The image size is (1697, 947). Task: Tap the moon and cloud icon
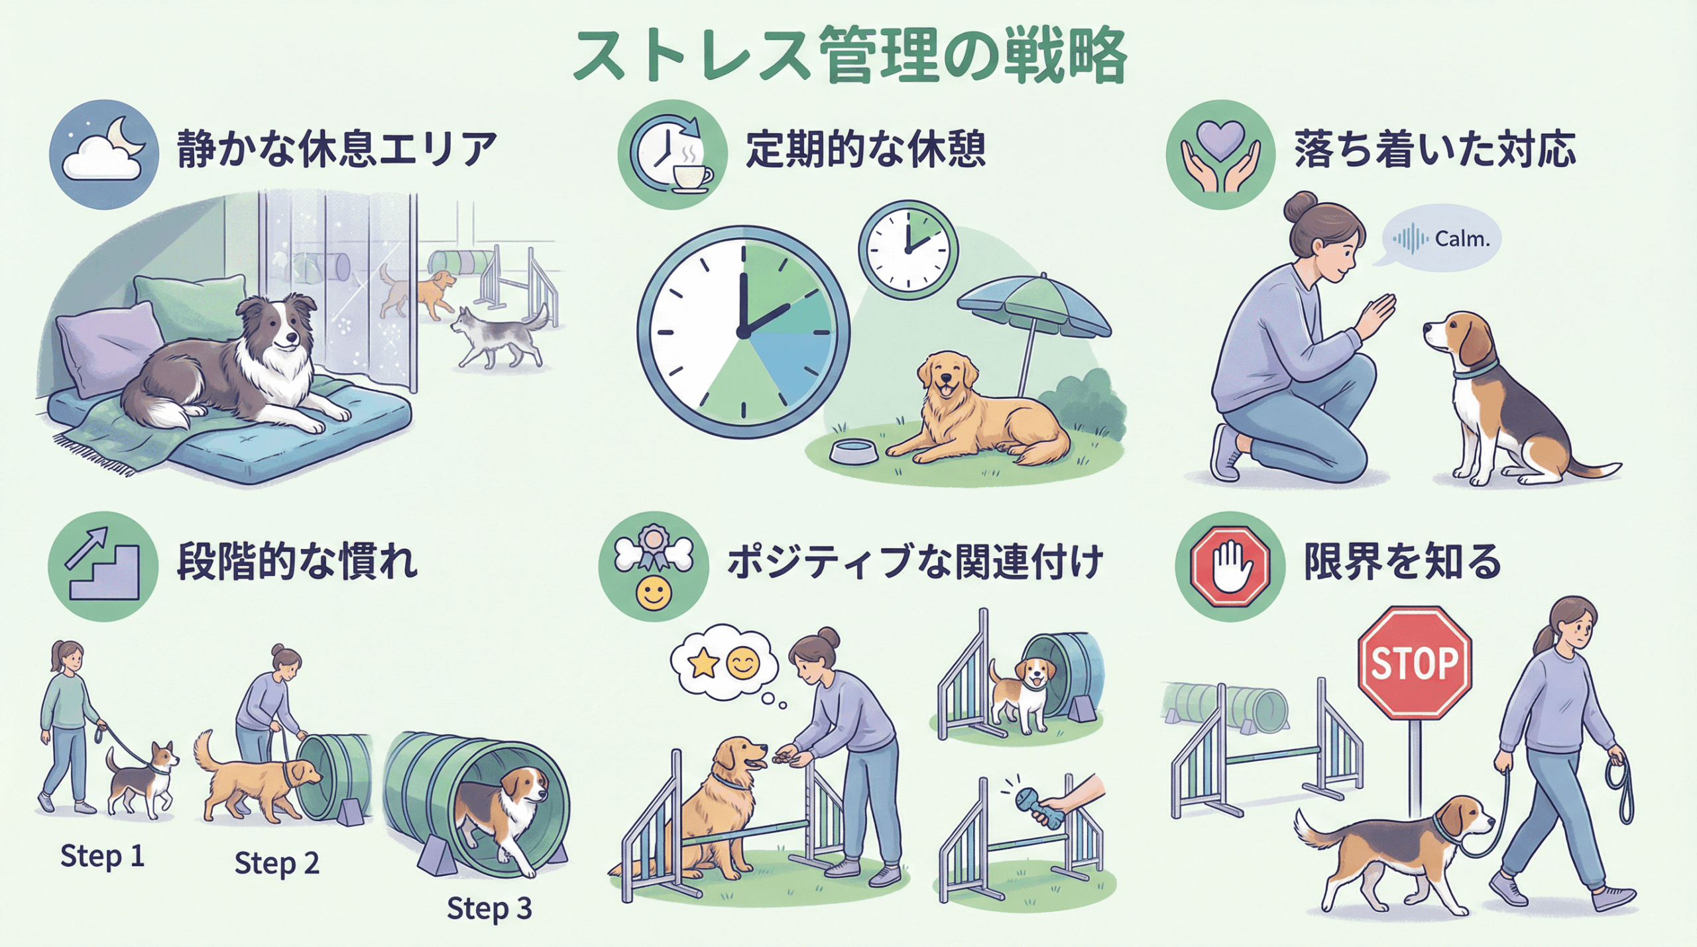pyautogui.click(x=104, y=154)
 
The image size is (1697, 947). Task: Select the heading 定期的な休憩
pyautogui.click(x=866, y=149)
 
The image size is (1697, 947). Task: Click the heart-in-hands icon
pyautogui.click(x=1221, y=154)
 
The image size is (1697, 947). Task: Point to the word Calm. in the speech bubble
pyautogui.click(x=1462, y=239)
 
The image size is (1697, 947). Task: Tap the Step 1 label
pyautogui.click(x=102, y=856)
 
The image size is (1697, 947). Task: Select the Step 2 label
pyautogui.click(x=277, y=863)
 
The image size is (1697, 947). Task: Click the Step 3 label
pyautogui.click(x=489, y=909)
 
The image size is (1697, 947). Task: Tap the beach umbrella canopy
pyautogui.click(x=1034, y=307)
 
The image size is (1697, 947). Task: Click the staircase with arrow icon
pyautogui.click(x=103, y=567)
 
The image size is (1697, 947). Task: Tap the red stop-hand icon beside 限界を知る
pyautogui.click(x=1230, y=567)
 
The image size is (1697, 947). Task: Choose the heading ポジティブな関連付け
pyautogui.click(x=915, y=562)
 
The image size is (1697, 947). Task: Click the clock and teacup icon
pyautogui.click(x=673, y=154)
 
